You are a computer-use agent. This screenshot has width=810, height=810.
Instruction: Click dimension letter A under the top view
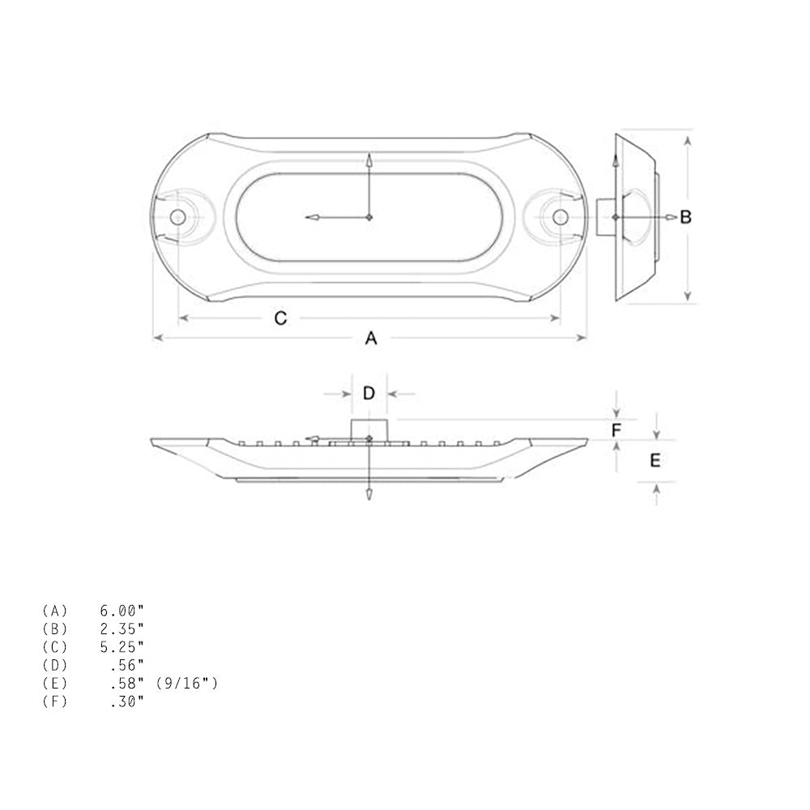370,339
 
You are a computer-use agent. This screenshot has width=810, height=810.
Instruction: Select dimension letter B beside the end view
685,217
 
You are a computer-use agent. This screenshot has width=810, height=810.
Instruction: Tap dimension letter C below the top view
280,318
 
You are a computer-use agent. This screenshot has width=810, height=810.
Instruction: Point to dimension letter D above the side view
369,394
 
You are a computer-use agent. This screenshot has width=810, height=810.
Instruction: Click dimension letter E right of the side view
655,460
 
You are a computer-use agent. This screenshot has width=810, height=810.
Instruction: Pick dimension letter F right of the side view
616,430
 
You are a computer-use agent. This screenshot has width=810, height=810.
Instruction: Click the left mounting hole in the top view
177,217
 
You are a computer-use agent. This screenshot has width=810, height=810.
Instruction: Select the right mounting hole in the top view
560,217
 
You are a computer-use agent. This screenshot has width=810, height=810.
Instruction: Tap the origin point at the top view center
369,217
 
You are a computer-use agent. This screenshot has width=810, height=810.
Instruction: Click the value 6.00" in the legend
122,609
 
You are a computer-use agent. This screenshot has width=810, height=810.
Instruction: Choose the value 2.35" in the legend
122,628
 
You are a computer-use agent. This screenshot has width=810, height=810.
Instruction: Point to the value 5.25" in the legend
122,646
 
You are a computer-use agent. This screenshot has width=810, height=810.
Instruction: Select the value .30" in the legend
126,701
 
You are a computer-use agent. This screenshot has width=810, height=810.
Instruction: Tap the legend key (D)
54,665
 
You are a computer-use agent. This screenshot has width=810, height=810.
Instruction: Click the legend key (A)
54,609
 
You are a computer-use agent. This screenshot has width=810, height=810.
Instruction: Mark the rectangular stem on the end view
605,217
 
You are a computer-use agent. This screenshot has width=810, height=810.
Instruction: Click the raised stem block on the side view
369,429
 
